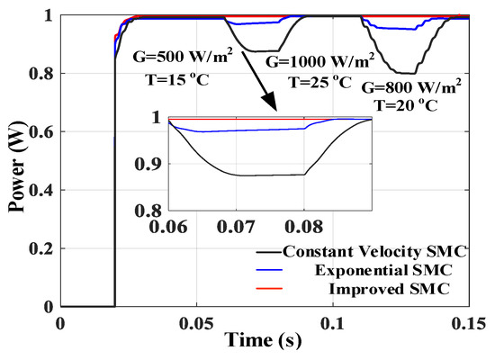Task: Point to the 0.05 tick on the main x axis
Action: pyautogui.click(x=196, y=322)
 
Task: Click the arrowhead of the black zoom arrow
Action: pyautogui.click(x=277, y=109)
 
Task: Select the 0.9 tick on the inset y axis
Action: pyautogui.click(x=150, y=164)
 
